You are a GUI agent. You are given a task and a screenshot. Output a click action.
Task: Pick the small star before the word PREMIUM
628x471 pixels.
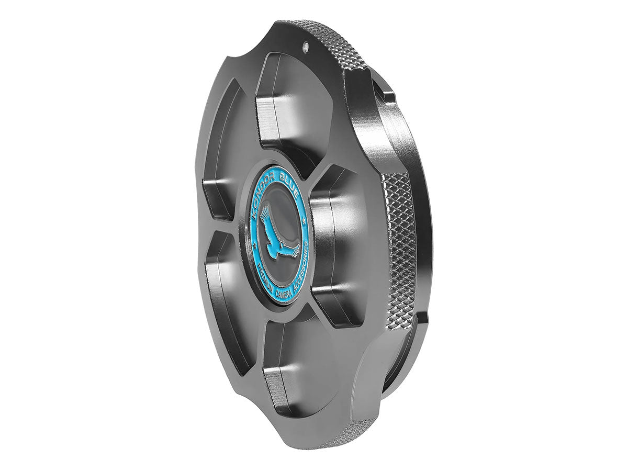(x=254, y=253)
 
